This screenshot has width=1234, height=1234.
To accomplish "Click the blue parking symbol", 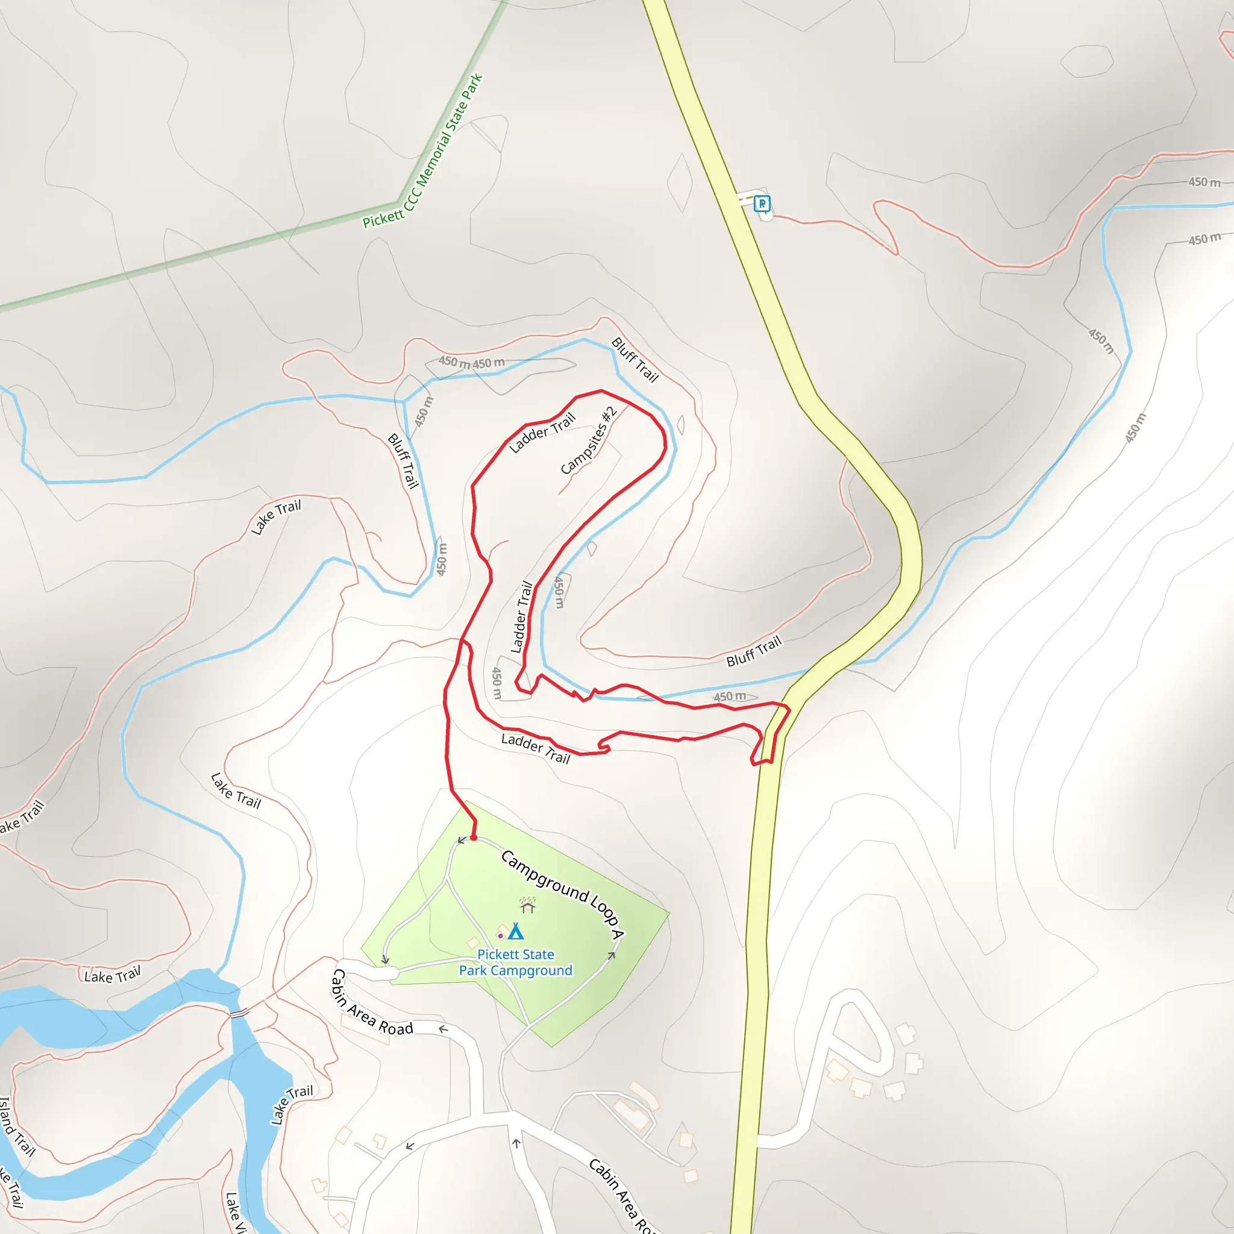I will pyautogui.click(x=762, y=203).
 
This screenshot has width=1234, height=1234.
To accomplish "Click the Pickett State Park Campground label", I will pyautogui.click(x=515, y=962).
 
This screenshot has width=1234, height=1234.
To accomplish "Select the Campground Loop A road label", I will pyautogui.click(x=562, y=894).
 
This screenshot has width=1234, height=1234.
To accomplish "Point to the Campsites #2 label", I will pyautogui.click(x=589, y=440).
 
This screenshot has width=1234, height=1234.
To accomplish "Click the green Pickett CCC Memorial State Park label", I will pyautogui.click(x=423, y=151).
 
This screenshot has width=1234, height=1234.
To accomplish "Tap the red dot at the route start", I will pyautogui.click(x=473, y=838).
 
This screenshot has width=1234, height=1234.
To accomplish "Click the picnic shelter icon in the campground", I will pyautogui.click(x=528, y=905).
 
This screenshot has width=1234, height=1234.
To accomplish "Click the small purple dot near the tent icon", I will pyautogui.click(x=500, y=936).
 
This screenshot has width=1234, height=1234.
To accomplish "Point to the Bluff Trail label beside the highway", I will pyautogui.click(x=754, y=651).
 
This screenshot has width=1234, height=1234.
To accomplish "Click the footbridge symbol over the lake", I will pyautogui.click(x=239, y=1013).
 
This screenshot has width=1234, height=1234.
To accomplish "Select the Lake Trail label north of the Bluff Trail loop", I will pyautogui.click(x=275, y=517).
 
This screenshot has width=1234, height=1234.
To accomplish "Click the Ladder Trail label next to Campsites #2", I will pyautogui.click(x=542, y=433).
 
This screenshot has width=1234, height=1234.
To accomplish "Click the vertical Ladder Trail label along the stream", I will pyautogui.click(x=521, y=616).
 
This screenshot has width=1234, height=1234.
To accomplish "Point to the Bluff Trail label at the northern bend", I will pyautogui.click(x=634, y=360).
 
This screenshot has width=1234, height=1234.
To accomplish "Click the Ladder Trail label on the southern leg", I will pyautogui.click(x=535, y=748).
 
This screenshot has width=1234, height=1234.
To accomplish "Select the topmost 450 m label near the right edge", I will pyautogui.click(x=1204, y=182).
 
